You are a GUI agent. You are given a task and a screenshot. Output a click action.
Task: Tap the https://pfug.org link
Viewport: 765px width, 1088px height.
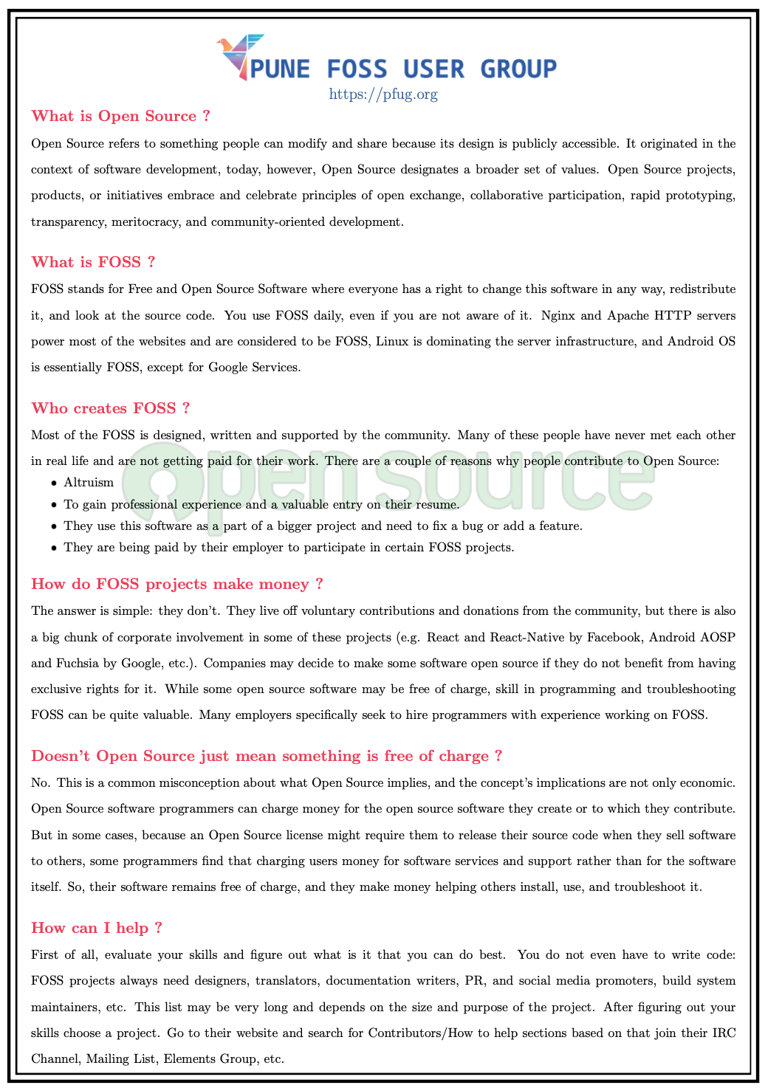pyautogui.click(x=382, y=94)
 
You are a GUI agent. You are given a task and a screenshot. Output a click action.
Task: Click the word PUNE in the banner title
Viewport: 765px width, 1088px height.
pyautogui.click(x=281, y=69)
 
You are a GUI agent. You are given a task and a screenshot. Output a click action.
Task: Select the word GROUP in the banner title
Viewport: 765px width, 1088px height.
pyautogui.click(x=518, y=69)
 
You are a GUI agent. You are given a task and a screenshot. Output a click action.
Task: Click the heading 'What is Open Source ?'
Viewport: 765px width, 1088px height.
pyautogui.click(x=120, y=116)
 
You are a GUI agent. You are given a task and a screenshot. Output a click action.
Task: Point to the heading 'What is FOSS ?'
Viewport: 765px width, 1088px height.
pyautogui.click(x=93, y=262)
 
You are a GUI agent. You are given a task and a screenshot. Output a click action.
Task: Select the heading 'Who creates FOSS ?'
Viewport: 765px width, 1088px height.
pyautogui.click(x=110, y=408)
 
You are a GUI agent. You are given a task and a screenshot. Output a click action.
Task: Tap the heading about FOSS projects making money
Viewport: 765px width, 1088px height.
pyautogui.click(x=176, y=584)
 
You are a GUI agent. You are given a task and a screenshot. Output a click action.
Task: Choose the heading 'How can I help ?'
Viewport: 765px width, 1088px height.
pyautogui.click(x=96, y=928)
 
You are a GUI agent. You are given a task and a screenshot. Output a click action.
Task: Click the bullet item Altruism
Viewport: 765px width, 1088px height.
pyautogui.click(x=89, y=483)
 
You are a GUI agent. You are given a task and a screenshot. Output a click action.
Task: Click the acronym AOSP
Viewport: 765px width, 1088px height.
pyautogui.click(x=721, y=637)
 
